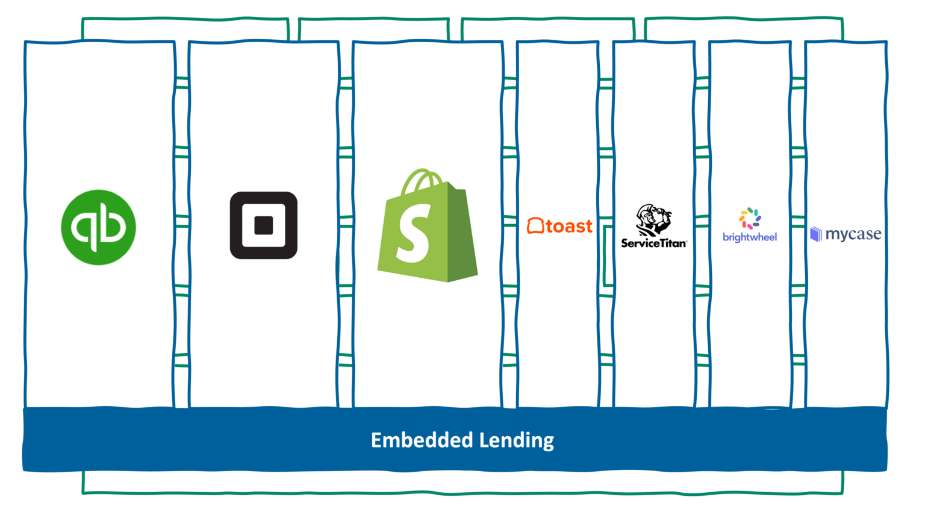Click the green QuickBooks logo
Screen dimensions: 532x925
click(x=98, y=227)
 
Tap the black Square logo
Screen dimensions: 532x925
click(x=264, y=225)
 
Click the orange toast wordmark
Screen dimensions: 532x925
click(x=569, y=227)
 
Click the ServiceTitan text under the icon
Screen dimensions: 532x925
click(x=654, y=243)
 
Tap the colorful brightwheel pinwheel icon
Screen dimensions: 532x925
click(x=750, y=218)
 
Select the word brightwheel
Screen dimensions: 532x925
click(x=750, y=237)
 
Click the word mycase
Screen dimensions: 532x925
click(x=853, y=234)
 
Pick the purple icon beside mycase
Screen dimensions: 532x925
click(x=816, y=234)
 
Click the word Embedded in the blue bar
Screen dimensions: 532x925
click(x=422, y=440)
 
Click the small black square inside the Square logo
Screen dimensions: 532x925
click(x=264, y=225)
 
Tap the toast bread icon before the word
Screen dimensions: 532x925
click(x=535, y=226)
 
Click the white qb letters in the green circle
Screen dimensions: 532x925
click(x=98, y=227)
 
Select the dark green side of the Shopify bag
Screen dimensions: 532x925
click(x=462, y=235)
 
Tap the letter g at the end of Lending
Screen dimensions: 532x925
click(x=548, y=442)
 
